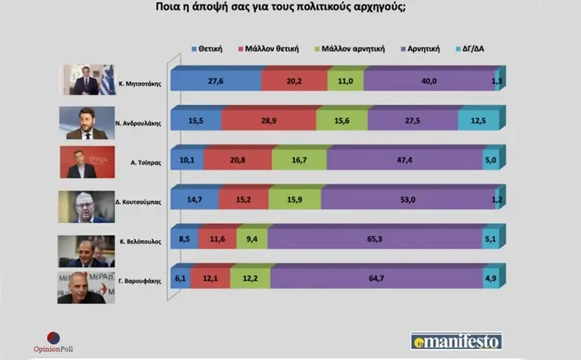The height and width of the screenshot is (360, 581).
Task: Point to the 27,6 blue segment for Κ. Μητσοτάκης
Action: [x=216, y=81]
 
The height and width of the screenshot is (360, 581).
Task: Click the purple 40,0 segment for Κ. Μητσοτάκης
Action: [x=429, y=81]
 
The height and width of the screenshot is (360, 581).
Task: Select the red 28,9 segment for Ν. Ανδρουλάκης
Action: [x=268, y=121]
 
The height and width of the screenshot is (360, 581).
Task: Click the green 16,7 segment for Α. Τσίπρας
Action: [x=299, y=160]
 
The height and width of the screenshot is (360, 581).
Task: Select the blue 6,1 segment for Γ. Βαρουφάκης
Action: [x=181, y=279]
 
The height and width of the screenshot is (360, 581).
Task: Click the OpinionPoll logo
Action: [x=53, y=342]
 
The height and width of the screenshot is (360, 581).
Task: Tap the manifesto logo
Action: [x=456, y=342]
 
